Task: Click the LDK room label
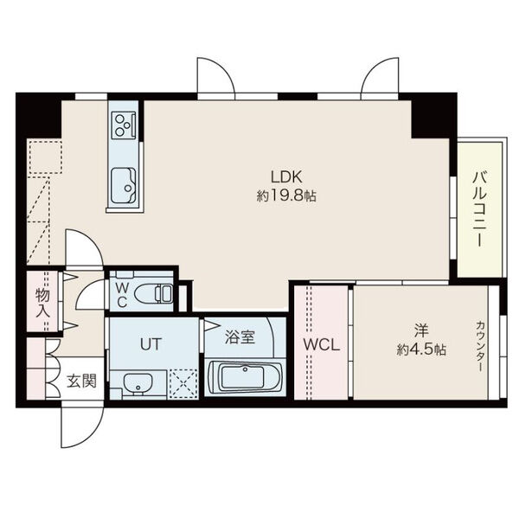[286, 176]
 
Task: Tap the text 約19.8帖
[286, 196]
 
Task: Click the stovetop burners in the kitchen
[124, 125]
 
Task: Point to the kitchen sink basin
[124, 186]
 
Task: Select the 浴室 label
[240, 337]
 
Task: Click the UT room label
[151, 344]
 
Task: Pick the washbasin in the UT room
[138, 384]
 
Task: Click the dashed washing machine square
[183, 383]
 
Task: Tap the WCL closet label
[322, 345]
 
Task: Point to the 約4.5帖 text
[421, 349]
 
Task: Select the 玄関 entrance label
[81, 381]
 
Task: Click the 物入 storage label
[43, 303]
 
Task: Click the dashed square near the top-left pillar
[45, 157]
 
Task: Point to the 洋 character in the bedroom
[421, 331]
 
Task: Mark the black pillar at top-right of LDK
[430, 116]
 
